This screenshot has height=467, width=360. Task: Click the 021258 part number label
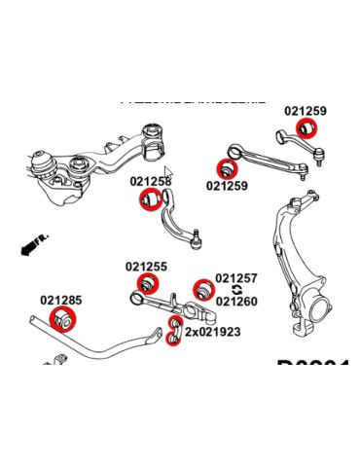click(x=150, y=181)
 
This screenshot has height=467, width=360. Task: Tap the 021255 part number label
click(x=145, y=266)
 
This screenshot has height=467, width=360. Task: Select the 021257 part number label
click(x=236, y=278)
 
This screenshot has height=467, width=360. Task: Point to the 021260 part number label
click(x=236, y=302)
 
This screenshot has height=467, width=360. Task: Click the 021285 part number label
click(x=61, y=301)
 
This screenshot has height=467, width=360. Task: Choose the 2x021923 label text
click(x=213, y=332)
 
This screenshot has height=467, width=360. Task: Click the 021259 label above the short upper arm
click(x=306, y=111)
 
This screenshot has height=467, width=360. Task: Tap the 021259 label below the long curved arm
click(x=227, y=185)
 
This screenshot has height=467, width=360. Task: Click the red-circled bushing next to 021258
click(x=151, y=200)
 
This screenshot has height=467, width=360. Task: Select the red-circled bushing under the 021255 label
click(x=148, y=284)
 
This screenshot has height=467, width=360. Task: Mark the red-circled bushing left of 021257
click(x=202, y=288)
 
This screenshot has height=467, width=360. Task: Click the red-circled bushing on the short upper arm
click(x=308, y=128)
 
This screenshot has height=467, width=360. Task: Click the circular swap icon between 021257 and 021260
click(x=236, y=290)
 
